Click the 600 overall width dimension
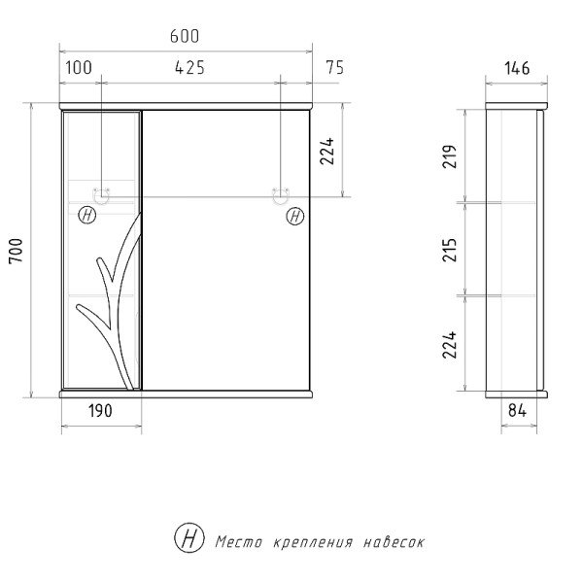(x=185, y=37)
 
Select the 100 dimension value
(x=80, y=67)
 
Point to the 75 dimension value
(x=335, y=67)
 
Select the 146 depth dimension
(x=517, y=67)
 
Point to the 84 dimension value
(x=517, y=411)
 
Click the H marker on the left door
(x=87, y=217)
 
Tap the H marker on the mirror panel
(x=294, y=217)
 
